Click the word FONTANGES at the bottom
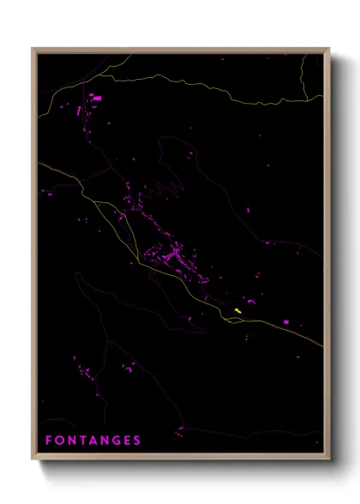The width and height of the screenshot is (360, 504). tap(93, 441)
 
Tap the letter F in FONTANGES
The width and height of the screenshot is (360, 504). tap(49, 441)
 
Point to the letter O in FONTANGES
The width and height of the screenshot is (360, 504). tap(60, 441)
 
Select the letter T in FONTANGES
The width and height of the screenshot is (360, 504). tap(83, 441)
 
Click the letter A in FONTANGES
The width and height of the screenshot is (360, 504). tap(94, 441)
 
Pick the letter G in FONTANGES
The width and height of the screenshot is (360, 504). tap(117, 441)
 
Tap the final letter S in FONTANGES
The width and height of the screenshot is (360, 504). tap(138, 441)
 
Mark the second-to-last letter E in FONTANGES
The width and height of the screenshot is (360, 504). tap(128, 441)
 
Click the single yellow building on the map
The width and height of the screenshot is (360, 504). tap(237, 310)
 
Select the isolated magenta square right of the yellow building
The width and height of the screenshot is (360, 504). tap(285, 321)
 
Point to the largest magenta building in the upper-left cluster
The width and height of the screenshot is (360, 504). tap(97, 99)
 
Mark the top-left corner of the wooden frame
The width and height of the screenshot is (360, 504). tap(33, 49)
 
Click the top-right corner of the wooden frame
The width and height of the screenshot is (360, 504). tap(329, 49)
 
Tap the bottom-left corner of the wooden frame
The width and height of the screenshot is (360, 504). tap(33, 459)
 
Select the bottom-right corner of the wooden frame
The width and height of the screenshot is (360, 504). tap(329, 459)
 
